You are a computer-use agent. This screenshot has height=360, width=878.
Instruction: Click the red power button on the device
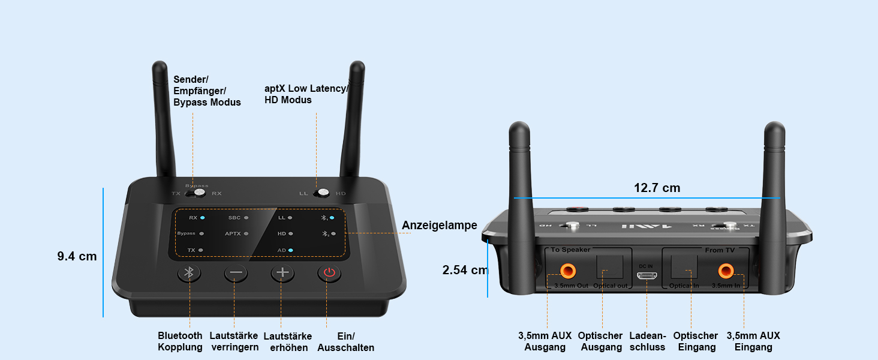[328, 274]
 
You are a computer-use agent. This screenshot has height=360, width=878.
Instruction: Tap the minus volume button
[236, 274]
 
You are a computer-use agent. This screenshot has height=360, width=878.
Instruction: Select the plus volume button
[282, 274]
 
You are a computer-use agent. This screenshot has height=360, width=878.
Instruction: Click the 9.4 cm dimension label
[77, 256]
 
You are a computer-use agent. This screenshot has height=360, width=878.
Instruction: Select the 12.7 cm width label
[657, 188]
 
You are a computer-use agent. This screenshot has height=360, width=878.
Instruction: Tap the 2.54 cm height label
[465, 270]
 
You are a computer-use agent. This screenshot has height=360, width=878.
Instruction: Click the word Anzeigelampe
[439, 225]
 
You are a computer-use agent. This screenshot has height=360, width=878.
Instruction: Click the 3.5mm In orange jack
[726, 271]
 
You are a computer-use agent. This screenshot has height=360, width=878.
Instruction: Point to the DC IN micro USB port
[647, 275]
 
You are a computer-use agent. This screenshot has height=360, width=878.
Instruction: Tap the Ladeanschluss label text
[648, 341]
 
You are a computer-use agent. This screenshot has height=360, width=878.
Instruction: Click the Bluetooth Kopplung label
[180, 341]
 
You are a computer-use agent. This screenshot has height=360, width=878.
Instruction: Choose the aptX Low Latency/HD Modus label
[306, 94]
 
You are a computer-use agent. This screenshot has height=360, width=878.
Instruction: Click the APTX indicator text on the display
[233, 233]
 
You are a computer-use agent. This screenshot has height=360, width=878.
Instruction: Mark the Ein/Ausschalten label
[345, 342]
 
